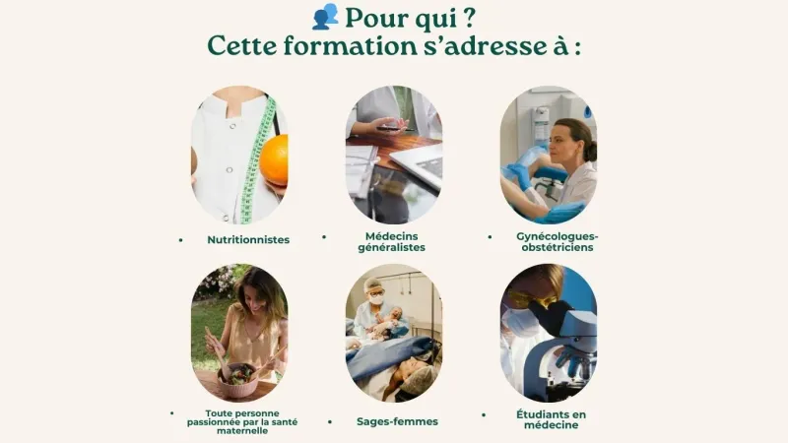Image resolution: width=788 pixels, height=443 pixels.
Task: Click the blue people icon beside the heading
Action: (325, 17)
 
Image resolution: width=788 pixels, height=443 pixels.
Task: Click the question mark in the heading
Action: (469, 18)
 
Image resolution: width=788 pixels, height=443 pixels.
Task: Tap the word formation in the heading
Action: (350, 45)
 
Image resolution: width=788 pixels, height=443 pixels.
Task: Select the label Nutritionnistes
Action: (248, 239)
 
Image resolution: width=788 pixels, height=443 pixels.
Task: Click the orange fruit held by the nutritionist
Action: (274, 159)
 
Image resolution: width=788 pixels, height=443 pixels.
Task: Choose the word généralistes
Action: (391, 247)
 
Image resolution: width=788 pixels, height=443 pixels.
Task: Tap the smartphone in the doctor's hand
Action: (395, 128)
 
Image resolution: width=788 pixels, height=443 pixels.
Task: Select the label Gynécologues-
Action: (558, 236)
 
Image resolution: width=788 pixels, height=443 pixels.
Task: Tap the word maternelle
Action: (241, 431)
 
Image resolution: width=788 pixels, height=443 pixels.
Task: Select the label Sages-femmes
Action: (397, 422)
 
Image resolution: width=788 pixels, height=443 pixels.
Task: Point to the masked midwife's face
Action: (375, 296)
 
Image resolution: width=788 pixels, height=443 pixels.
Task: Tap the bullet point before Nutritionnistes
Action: (180, 240)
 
